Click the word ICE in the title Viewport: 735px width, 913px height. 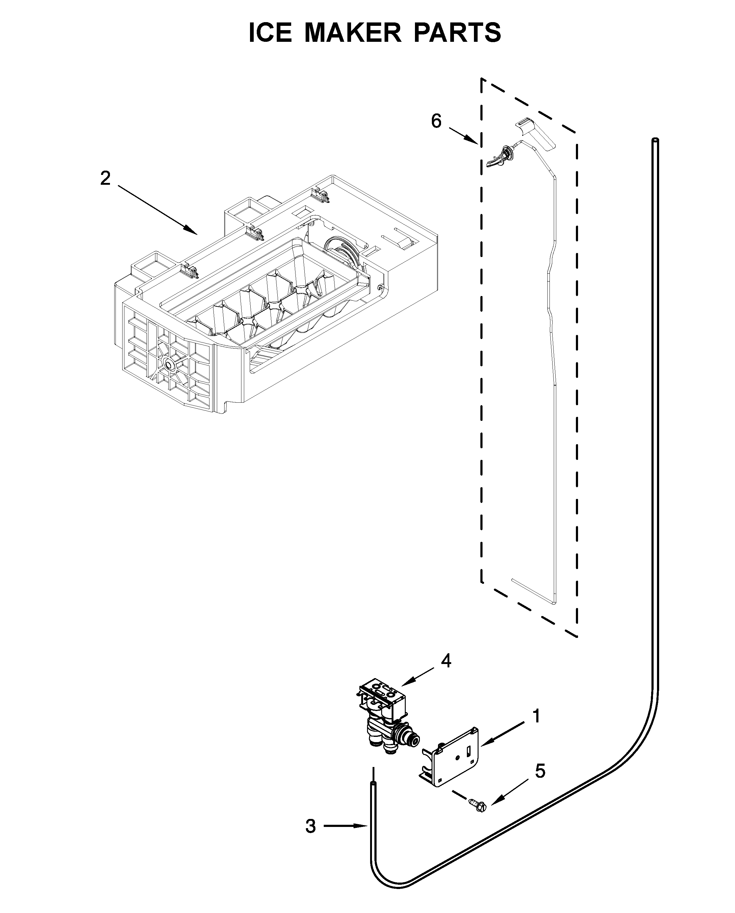(270, 33)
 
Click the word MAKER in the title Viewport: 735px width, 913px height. (352, 33)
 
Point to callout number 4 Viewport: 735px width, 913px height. (446, 661)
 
